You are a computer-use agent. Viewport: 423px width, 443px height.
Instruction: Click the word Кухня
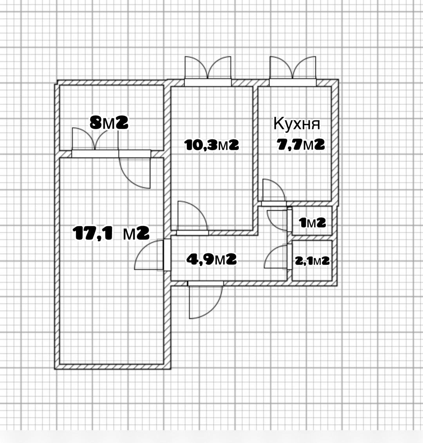coord(297,124)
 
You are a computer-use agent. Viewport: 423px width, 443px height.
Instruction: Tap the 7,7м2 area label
coord(301,145)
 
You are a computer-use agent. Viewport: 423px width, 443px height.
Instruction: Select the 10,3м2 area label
coord(211,145)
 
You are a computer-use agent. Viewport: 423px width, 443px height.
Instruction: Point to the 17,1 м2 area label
coord(111,233)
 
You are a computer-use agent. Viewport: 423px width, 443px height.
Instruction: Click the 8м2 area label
coord(109,123)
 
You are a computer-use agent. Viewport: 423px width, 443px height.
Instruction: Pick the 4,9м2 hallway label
coord(211,259)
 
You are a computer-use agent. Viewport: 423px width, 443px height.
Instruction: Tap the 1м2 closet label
coord(313,223)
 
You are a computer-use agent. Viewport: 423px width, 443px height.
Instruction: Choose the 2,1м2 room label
coord(312,261)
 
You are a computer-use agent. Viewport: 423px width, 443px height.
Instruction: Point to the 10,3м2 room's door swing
coord(192,216)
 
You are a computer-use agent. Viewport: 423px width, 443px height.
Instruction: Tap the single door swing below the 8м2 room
coord(134,173)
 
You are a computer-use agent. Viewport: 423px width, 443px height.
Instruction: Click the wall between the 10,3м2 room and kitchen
coord(255,160)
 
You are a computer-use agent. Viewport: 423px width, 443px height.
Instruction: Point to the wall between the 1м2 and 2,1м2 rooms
coord(312,238)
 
